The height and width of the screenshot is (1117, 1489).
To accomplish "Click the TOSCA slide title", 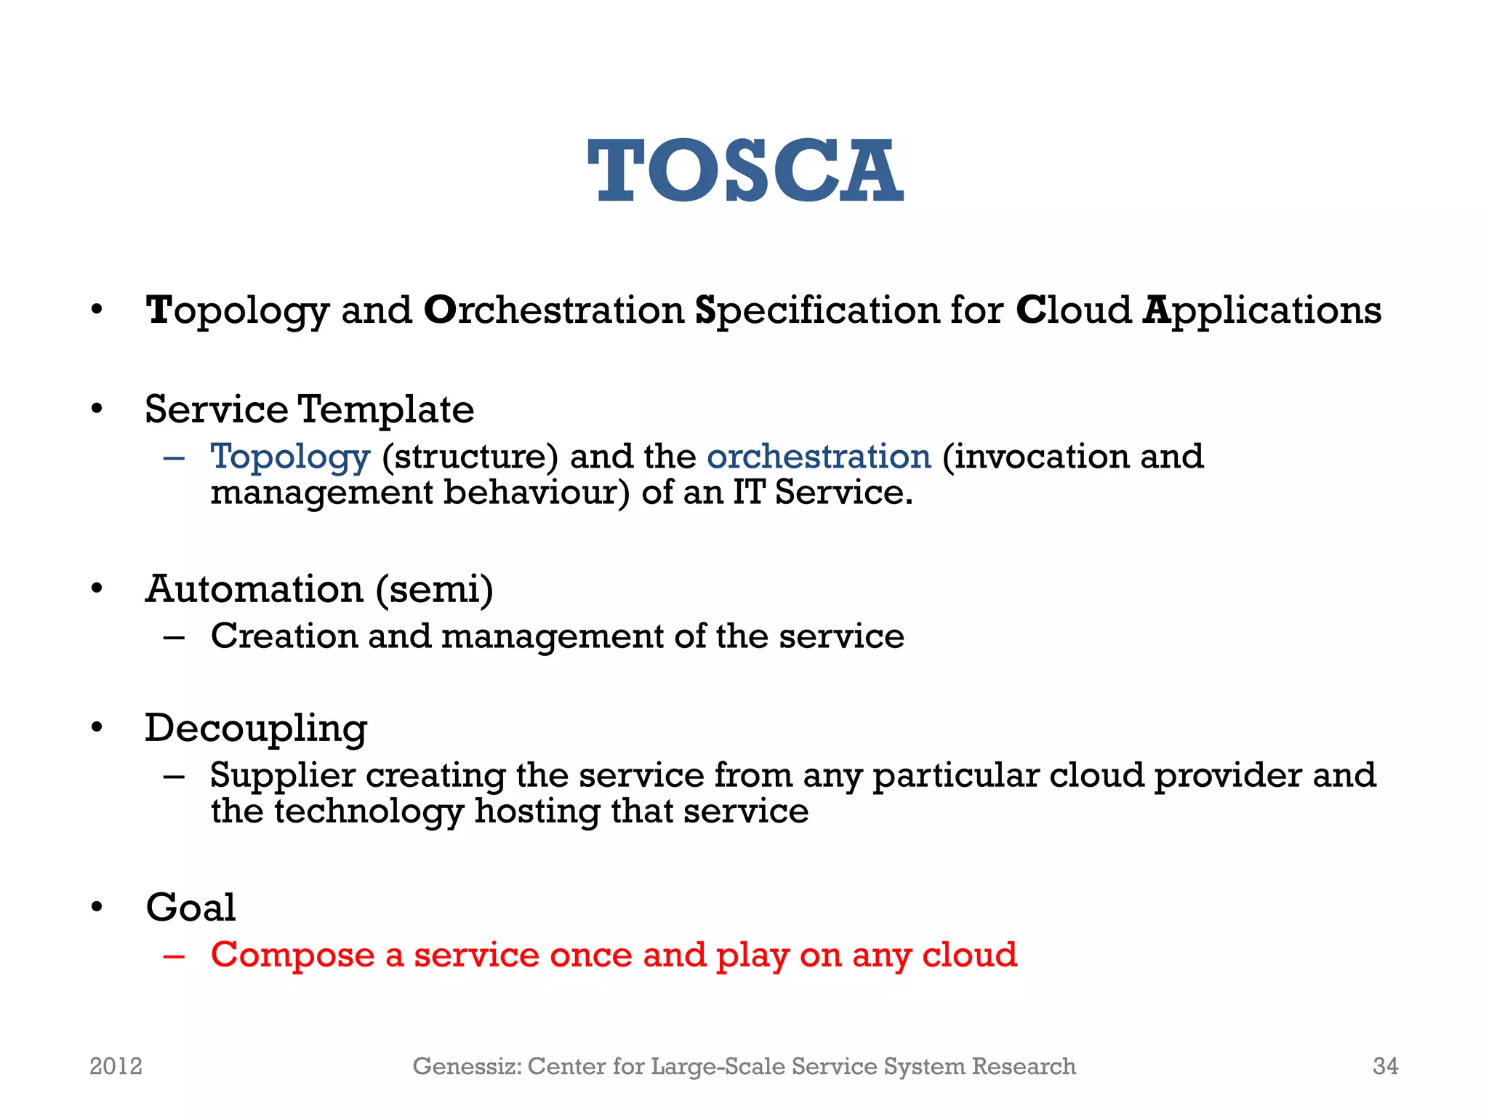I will (745, 172).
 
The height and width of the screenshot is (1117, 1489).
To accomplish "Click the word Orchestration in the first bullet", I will (554, 311).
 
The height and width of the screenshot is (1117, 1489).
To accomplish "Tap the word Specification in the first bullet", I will (817, 311).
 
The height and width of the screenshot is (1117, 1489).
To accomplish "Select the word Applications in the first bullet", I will (1261, 311).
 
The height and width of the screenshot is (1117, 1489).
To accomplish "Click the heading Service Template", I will (309, 409).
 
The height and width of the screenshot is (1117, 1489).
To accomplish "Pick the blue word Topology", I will (290, 457).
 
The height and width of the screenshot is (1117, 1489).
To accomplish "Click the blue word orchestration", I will (819, 457).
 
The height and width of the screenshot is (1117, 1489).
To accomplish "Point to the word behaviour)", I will (537, 493).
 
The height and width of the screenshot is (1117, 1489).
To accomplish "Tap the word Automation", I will (254, 588).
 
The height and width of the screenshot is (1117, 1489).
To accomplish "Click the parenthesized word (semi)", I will (435, 590).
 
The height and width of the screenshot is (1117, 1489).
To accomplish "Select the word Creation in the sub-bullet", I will (284, 636).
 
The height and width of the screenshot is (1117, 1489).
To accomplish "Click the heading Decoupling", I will (256, 729).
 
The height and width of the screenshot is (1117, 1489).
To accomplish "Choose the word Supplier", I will (283, 776).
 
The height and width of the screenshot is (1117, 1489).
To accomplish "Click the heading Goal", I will (190, 908).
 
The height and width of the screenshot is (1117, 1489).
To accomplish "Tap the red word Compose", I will (292, 956).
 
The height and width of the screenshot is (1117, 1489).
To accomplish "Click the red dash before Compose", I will (174, 956).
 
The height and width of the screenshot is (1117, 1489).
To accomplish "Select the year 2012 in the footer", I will (116, 1066).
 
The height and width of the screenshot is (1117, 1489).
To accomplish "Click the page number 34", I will (1385, 1066).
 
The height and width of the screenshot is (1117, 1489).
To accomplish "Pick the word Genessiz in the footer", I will (467, 1066).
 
